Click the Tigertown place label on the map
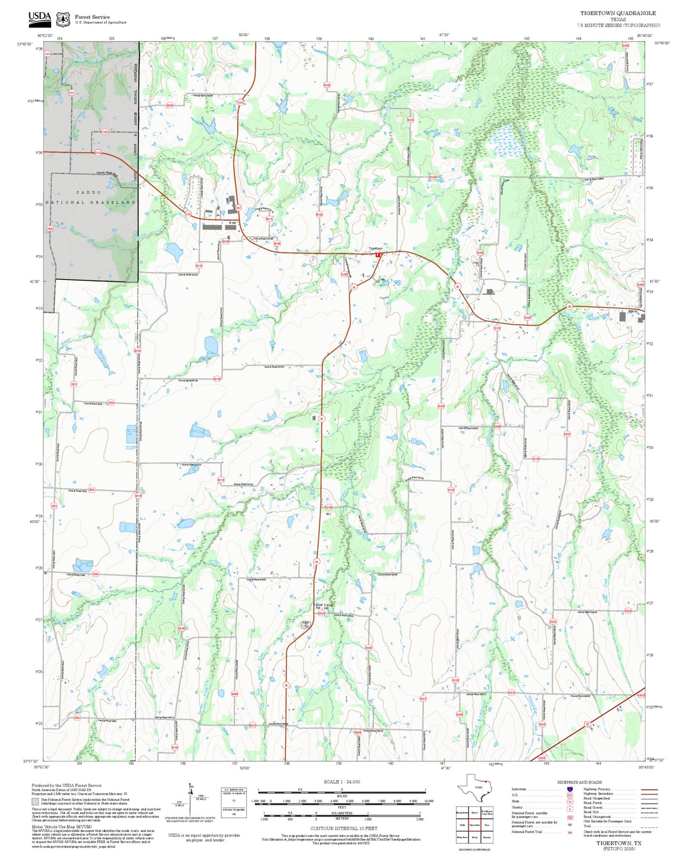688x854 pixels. [375, 248]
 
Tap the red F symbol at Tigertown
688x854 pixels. [378, 255]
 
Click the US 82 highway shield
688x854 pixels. [588, 724]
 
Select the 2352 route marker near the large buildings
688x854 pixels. [238, 208]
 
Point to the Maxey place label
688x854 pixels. [632, 311]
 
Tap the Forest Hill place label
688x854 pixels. [323, 606]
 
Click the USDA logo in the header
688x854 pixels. [40, 18]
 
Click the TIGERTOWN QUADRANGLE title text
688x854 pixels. [618, 13]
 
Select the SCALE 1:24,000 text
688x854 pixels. [342, 782]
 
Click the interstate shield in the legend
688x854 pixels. [569, 789]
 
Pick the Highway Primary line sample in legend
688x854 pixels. [649, 789]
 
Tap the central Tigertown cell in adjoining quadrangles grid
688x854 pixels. [474, 825]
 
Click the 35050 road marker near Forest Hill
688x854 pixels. [321, 614]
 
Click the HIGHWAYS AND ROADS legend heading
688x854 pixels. [579, 782]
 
